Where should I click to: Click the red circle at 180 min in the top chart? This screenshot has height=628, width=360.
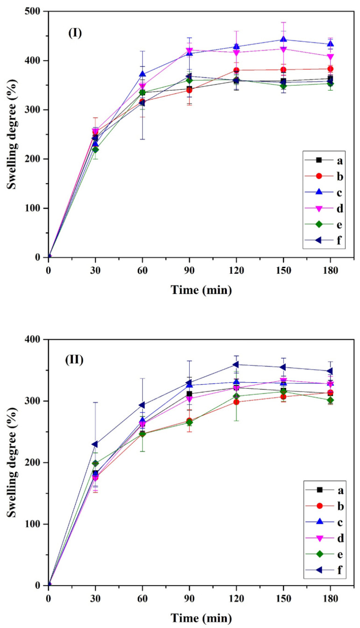coord(330,69)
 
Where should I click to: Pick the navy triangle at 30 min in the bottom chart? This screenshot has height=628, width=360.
coord(95,444)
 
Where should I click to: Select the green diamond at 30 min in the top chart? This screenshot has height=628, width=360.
coord(95,150)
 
